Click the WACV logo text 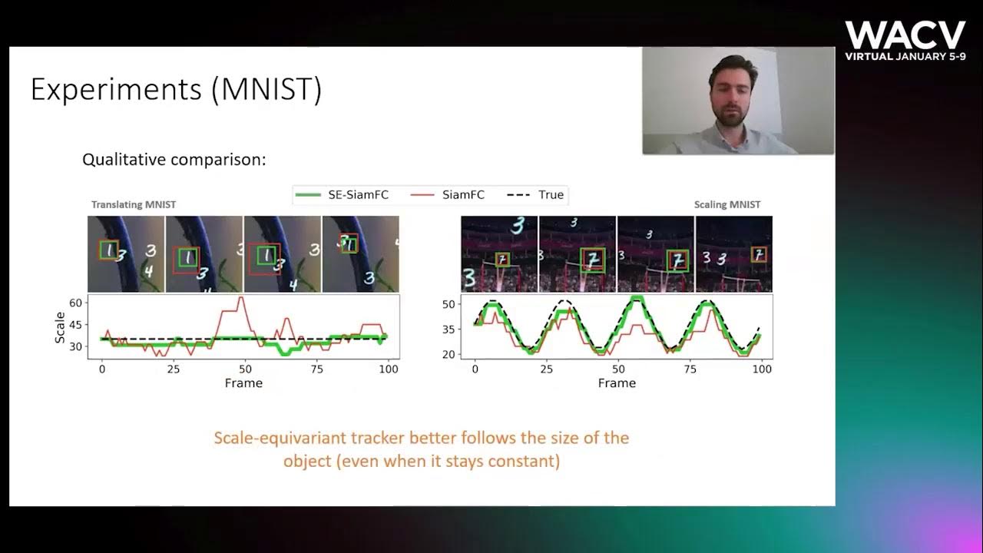tap(905, 35)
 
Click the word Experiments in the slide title tap(117, 91)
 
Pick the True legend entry tap(551, 195)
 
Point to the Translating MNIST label tap(134, 205)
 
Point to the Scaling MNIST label tap(727, 205)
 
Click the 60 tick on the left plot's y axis tap(75, 303)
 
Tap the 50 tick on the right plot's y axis tap(450, 304)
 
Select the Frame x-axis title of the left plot tap(243, 382)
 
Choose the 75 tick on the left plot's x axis tap(316, 369)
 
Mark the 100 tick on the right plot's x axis tap(761, 369)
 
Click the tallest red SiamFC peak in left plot tap(242, 298)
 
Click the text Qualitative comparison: tap(174, 160)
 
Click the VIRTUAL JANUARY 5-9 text tap(905, 57)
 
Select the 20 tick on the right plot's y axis tap(450, 354)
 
